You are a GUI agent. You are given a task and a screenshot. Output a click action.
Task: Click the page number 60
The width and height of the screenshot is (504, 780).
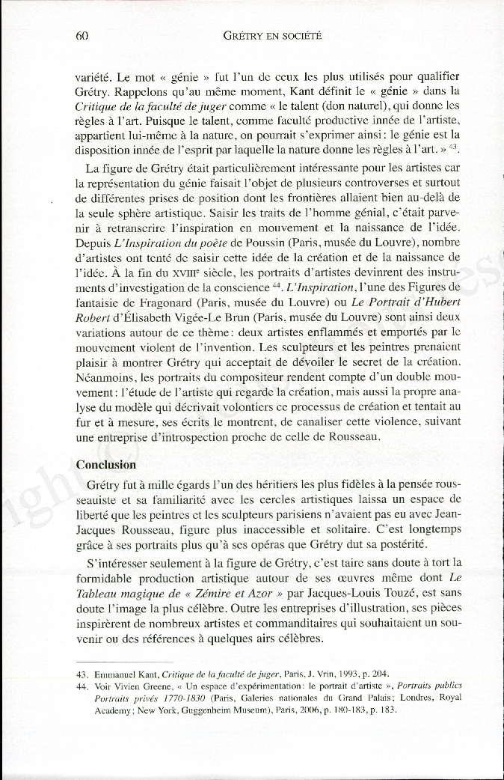pos(83,35)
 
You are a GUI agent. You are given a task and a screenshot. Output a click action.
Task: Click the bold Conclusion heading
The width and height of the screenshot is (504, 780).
pos(106,464)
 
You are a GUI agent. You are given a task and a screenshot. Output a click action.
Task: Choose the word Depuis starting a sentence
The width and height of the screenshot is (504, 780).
pos(93,243)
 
